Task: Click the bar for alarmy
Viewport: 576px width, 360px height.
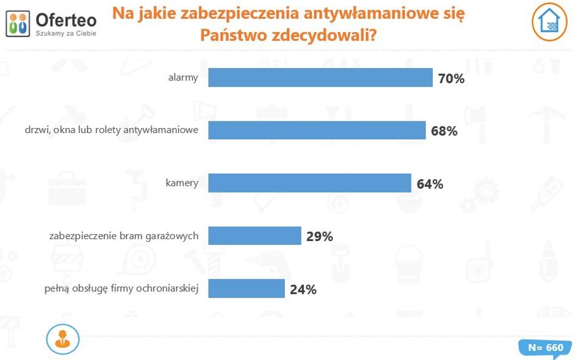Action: (320, 78)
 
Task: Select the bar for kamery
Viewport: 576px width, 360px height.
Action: (309, 183)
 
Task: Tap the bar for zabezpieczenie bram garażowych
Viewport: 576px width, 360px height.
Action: (255, 236)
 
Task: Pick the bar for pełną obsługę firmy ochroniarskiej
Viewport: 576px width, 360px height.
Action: (246, 288)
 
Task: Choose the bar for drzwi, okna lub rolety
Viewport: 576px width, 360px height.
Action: (317, 130)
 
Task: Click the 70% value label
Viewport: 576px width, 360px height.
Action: (451, 78)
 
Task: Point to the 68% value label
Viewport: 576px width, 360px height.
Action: (444, 131)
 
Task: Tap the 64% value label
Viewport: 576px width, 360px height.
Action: (430, 183)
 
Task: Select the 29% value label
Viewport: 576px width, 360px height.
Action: (320, 236)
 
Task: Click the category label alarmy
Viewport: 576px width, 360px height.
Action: (183, 78)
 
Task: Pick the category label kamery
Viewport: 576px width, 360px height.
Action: (182, 183)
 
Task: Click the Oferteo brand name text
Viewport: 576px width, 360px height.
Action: (66, 19)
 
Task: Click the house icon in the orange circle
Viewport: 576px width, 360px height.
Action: (550, 21)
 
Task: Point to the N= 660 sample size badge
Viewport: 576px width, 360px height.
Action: (544, 348)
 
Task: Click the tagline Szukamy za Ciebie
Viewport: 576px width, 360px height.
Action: (66, 33)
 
